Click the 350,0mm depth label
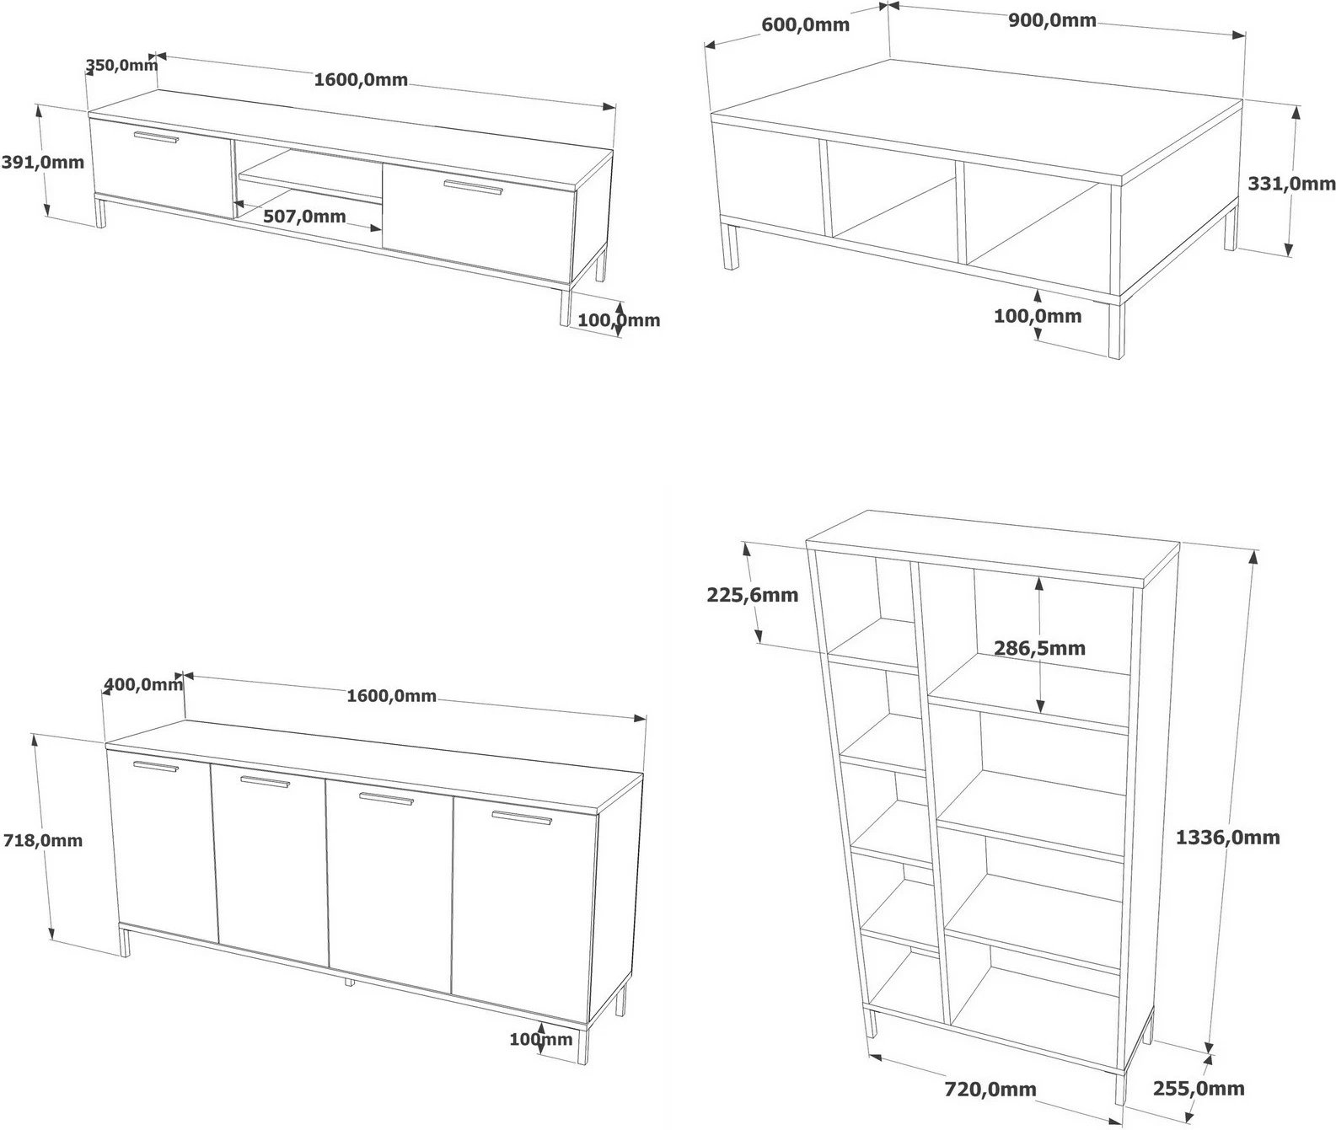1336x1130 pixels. coord(121,65)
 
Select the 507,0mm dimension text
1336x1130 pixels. coord(304,217)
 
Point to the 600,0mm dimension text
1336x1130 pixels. coord(805,24)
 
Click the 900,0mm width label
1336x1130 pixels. coord(1052,20)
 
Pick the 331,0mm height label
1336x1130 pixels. coord(1290,183)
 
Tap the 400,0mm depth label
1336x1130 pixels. coord(142,684)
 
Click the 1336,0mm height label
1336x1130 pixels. coord(1227,837)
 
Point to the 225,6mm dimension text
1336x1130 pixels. coord(752,595)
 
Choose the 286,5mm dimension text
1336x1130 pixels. coord(1039,648)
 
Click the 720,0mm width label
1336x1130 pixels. coord(990,1090)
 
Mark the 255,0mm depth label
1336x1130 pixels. coord(1198,1089)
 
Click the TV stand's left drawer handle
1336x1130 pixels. coord(156,137)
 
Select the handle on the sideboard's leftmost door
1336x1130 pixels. coord(156,766)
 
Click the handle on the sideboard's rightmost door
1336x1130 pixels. coord(520,817)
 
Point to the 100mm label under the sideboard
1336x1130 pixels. coord(540,1039)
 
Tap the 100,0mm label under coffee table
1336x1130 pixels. coord(1038,316)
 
